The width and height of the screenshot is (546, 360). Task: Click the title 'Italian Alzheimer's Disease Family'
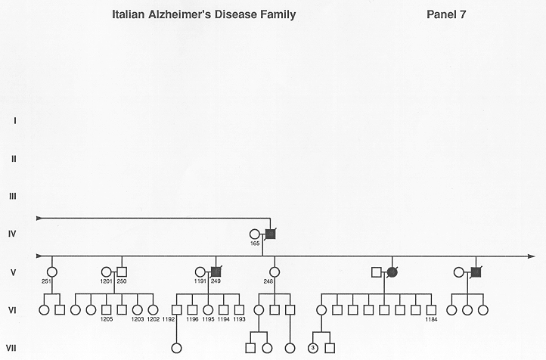coord(203,14)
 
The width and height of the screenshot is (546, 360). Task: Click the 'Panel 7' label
coord(446,14)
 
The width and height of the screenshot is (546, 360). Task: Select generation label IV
coord(13,234)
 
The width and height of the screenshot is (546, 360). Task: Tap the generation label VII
coord(11,348)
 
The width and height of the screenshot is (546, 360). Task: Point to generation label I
coord(14,121)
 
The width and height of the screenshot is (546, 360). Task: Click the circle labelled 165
coord(255,234)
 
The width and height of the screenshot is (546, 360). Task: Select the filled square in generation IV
coord(271,234)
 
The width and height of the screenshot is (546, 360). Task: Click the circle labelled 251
coord(52,272)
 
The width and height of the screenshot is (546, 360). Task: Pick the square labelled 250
coord(122,272)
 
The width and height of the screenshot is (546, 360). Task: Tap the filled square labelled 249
coord(216,272)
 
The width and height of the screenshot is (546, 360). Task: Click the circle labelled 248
coord(275,272)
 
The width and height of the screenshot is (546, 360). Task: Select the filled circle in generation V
coord(392,272)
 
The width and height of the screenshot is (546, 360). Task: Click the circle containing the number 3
coord(312,348)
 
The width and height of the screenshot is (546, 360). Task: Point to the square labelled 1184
coord(432,310)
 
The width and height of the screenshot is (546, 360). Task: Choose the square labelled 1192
coord(177,310)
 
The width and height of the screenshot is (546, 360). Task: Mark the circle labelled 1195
coord(208,310)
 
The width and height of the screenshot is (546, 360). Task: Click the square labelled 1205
coord(106,310)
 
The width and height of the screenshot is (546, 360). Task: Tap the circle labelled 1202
coord(153,310)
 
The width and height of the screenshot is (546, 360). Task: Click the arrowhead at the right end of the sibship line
coord(532,256)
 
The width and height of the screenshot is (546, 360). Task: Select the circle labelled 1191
coord(200,272)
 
